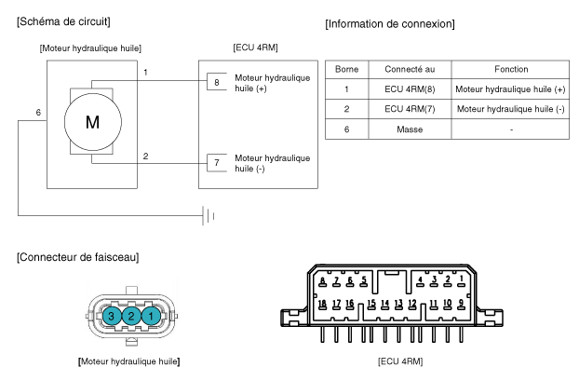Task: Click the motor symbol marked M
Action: [93, 122]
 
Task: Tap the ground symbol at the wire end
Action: [209, 216]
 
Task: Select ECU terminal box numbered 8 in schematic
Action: [217, 81]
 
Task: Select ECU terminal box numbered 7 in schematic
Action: [217, 163]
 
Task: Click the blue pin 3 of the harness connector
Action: [111, 316]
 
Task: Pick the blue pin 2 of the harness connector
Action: [131, 316]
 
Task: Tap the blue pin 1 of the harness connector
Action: [151, 316]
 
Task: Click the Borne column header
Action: [346, 69]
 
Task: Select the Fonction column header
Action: [511, 69]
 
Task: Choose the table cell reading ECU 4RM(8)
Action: [410, 89]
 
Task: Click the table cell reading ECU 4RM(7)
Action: [410, 109]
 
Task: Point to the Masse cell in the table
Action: [410, 129]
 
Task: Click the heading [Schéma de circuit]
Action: [63, 21]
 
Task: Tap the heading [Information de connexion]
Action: [390, 24]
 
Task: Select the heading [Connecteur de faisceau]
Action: [78, 257]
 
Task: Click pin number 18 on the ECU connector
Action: [322, 304]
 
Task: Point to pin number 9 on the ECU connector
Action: [461, 304]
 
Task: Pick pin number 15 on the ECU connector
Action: [371, 304]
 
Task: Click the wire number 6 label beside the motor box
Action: [38, 113]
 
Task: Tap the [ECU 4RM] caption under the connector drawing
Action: [400, 361]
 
